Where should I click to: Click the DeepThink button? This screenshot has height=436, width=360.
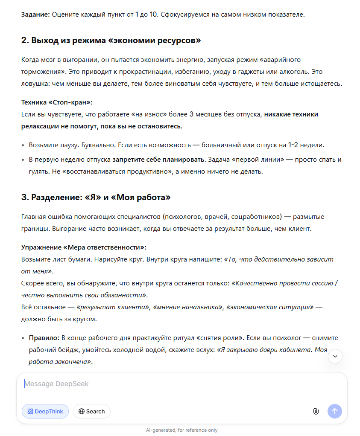click(45, 411)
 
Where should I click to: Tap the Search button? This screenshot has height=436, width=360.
click(92, 411)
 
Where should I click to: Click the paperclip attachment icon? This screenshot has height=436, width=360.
click(316, 411)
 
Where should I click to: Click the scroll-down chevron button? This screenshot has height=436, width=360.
click(335, 356)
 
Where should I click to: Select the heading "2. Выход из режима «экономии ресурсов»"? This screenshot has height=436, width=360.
click(111, 41)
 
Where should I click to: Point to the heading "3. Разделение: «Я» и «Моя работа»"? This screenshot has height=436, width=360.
click(96, 197)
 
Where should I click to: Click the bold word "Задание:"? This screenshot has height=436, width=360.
click(36, 15)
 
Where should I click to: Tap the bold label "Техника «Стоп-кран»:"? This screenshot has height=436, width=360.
click(57, 102)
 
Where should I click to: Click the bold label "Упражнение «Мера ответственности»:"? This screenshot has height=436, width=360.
click(84, 247)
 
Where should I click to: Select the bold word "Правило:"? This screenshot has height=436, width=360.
click(44, 338)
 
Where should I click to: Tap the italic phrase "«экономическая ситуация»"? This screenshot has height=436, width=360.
click(270, 307)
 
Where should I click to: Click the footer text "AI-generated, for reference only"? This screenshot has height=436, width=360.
click(181, 430)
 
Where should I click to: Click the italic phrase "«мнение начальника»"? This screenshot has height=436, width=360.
click(187, 307)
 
